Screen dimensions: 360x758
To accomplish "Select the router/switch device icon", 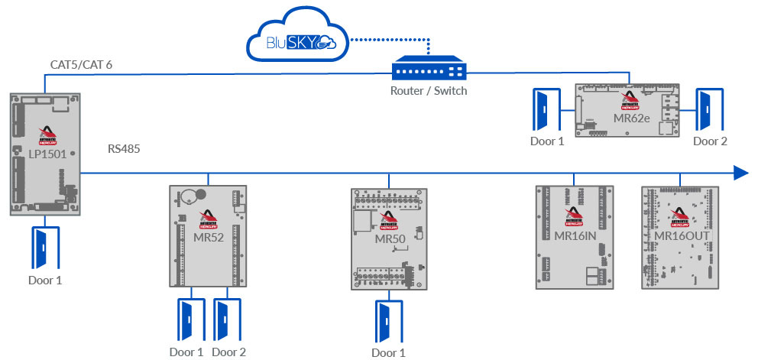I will tap(429, 71).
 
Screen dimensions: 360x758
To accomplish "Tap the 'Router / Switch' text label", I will tap(428, 91).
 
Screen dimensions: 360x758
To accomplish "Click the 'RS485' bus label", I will tap(124, 148).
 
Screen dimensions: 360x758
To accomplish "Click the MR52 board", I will tap(208, 235).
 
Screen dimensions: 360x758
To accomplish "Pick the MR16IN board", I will tap(574, 236).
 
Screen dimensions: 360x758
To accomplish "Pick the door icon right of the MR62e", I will tap(706, 110).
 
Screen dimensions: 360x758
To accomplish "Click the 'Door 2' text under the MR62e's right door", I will tap(710, 141).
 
